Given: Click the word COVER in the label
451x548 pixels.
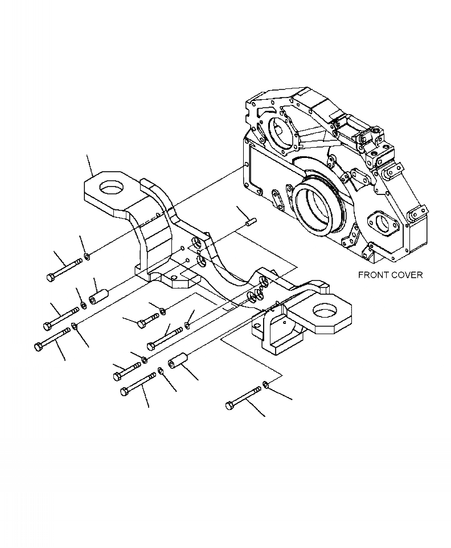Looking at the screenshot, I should (407, 275).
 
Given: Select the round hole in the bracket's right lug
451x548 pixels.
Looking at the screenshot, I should (323, 312).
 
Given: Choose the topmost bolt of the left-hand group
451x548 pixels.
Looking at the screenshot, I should (63, 269).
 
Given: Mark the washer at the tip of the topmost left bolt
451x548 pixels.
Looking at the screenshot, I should (86, 256).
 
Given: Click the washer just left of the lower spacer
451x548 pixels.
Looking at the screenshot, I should (161, 371).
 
